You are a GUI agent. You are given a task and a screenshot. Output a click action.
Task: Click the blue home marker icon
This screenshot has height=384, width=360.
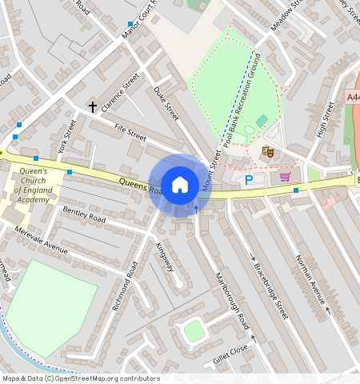(180, 185)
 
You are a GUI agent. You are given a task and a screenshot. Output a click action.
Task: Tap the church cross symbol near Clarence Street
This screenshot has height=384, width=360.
(92, 106)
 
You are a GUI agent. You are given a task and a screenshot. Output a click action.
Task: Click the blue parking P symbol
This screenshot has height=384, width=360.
(248, 181)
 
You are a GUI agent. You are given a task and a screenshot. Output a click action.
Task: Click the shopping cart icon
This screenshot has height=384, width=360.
(286, 176)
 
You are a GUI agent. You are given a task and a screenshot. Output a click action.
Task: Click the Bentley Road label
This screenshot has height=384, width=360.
(83, 214)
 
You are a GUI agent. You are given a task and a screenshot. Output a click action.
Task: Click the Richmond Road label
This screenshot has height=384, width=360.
(126, 285)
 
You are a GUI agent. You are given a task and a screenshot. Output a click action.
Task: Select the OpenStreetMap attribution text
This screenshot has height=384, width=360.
(80, 378)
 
